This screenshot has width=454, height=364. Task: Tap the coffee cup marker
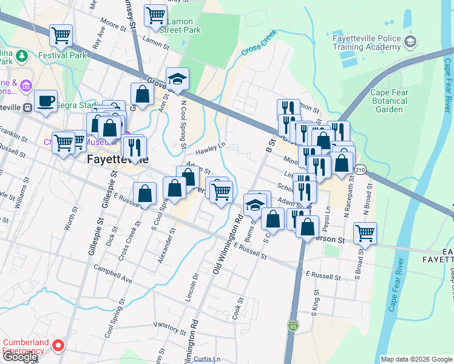(45, 101)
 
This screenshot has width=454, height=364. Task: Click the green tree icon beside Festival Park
(22, 56)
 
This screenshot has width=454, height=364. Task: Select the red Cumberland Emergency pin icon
(58, 346)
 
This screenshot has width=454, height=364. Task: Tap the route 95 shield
(293, 326)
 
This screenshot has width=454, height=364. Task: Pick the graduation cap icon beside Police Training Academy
(411, 42)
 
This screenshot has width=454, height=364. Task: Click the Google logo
(19, 357)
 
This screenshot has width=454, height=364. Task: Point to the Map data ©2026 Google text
(416, 359)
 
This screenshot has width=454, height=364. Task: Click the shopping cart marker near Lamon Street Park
(155, 14)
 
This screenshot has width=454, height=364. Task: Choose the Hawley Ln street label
(211, 148)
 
